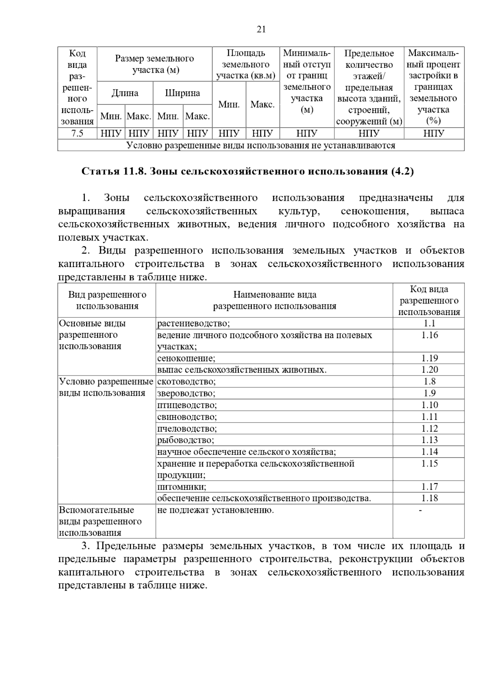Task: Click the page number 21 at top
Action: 261,29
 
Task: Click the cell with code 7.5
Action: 77,133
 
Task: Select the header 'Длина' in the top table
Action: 125,93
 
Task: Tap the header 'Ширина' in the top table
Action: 182,93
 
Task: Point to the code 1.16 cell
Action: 429,335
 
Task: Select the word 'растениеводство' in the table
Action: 193,323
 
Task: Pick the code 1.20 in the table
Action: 429,370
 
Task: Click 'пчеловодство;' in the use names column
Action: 187,428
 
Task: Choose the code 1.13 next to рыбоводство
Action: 429,440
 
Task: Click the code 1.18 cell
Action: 429,498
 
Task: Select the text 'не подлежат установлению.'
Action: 215,510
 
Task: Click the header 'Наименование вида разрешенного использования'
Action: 274,300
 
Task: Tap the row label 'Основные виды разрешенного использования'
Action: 92,335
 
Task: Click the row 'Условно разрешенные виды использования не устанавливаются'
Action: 261,145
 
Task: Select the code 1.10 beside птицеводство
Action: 429,405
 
